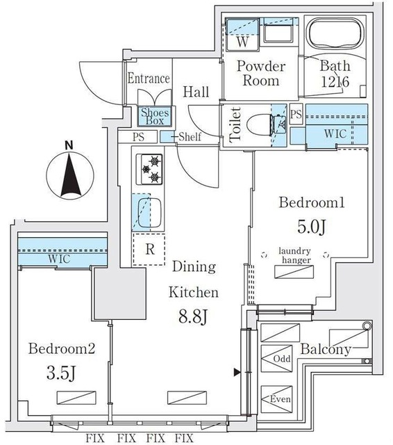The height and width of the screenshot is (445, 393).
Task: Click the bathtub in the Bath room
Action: tap(336, 35)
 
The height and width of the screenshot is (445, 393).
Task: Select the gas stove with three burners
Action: tap(149, 169)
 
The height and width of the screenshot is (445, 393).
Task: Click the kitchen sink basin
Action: tap(149, 211)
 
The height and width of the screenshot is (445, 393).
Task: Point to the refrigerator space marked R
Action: tap(149, 250)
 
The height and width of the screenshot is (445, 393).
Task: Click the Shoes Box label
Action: tap(155, 117)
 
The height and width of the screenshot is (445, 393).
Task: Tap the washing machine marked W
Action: tap(243, 35)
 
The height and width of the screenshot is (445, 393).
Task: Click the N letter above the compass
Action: tap(69, 145)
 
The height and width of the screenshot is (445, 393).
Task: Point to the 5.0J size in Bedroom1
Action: tap(312, 227)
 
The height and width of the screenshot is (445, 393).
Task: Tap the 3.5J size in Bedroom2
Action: tap(61, 373)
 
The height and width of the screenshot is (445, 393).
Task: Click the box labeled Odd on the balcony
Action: tap(276, 359)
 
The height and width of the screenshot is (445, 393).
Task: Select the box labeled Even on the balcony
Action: tap(276, 399)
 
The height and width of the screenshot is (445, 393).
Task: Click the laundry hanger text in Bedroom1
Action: tap(294, 255)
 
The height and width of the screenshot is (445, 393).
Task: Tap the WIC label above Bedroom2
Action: tap(58, 259)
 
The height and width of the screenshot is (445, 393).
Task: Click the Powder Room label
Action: tap(261, 74)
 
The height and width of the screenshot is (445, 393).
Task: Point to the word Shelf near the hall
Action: tap(190, 136)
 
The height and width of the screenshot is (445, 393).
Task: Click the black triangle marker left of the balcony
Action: tap(237, 373)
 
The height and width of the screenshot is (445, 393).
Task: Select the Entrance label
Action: tap(149, 78)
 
